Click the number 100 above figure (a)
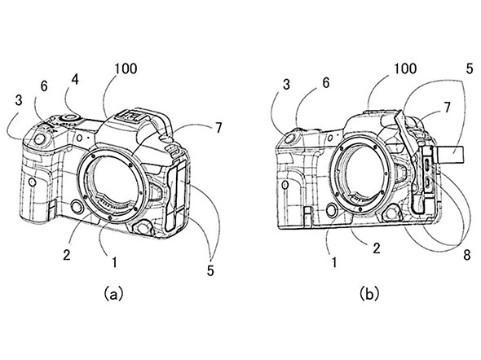pyautogui.click(x=126, y=68)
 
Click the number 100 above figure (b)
pyautogui.click(x=405, y=68)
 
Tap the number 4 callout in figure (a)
pyautogui.click(x=75, y=79)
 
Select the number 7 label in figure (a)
pyautogui.click(x=218, y=128)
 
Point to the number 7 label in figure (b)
pyautogui.click(x=447, y=108)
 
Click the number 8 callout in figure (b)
pyautogui.click(x=466, y=255)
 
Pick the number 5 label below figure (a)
pyautogui.click(x=210, y=270)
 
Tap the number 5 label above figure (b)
pyautogui.click(x=470, y=68)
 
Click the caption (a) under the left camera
pyautogui.click(x=113, y=293)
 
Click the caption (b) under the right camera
pyautogui.click(x=369, y=293)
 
